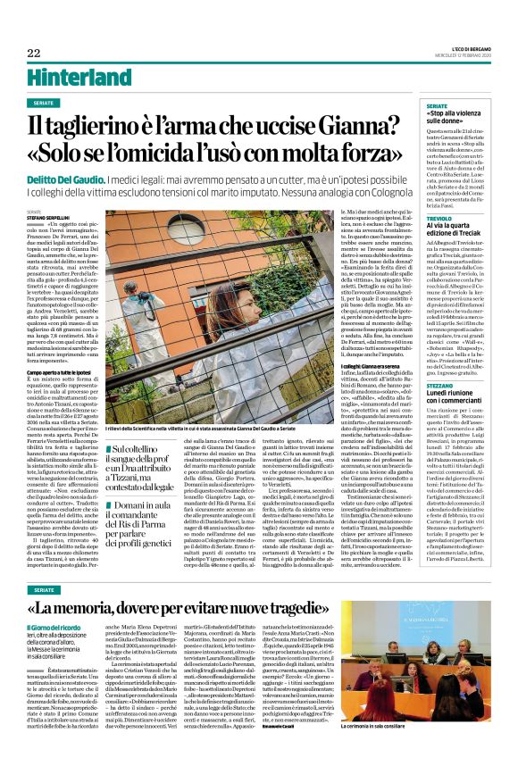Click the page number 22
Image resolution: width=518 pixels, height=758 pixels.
33,53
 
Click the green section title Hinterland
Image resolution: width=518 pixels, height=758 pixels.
71,77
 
